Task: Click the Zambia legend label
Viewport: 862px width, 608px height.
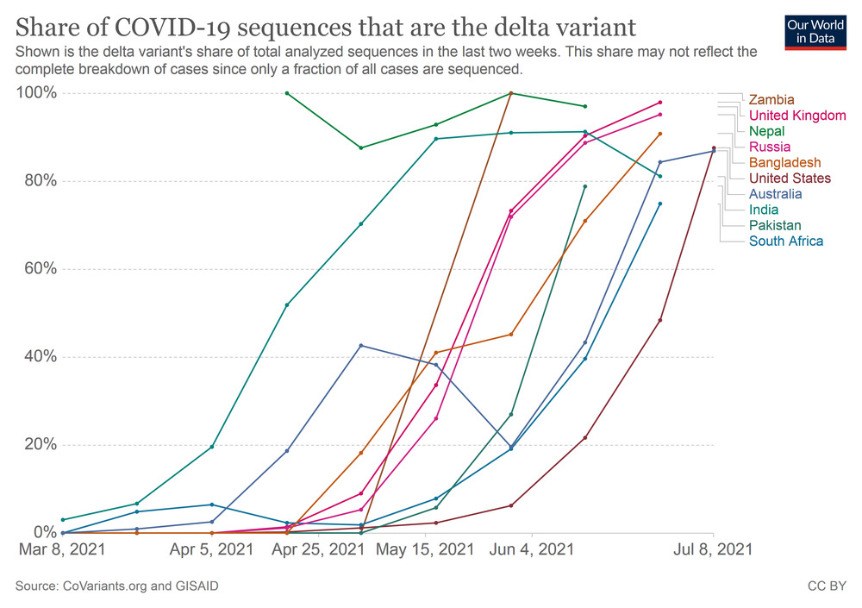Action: [x=771, y=100]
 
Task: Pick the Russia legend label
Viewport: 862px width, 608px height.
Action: [x=770, y=147]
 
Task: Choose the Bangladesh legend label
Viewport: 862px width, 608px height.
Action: [x=784, y=162]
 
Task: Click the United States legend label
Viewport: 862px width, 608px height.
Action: [x=790, y=179]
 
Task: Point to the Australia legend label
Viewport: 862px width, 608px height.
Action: [x=775, y=194]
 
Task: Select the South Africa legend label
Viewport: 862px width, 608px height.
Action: [x=786, y=241]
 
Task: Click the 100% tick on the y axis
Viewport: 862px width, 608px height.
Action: [x=37, y=93]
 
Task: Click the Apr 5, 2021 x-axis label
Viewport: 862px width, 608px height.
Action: [x=212, y=549]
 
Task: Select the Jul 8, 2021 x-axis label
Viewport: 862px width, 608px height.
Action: [x=712, y=549]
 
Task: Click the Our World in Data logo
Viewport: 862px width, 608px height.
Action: [x=815, y=32]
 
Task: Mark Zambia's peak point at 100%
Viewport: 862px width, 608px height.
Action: [x=511, y=93]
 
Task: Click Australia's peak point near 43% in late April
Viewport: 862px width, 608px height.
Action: [x=360, y=346]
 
